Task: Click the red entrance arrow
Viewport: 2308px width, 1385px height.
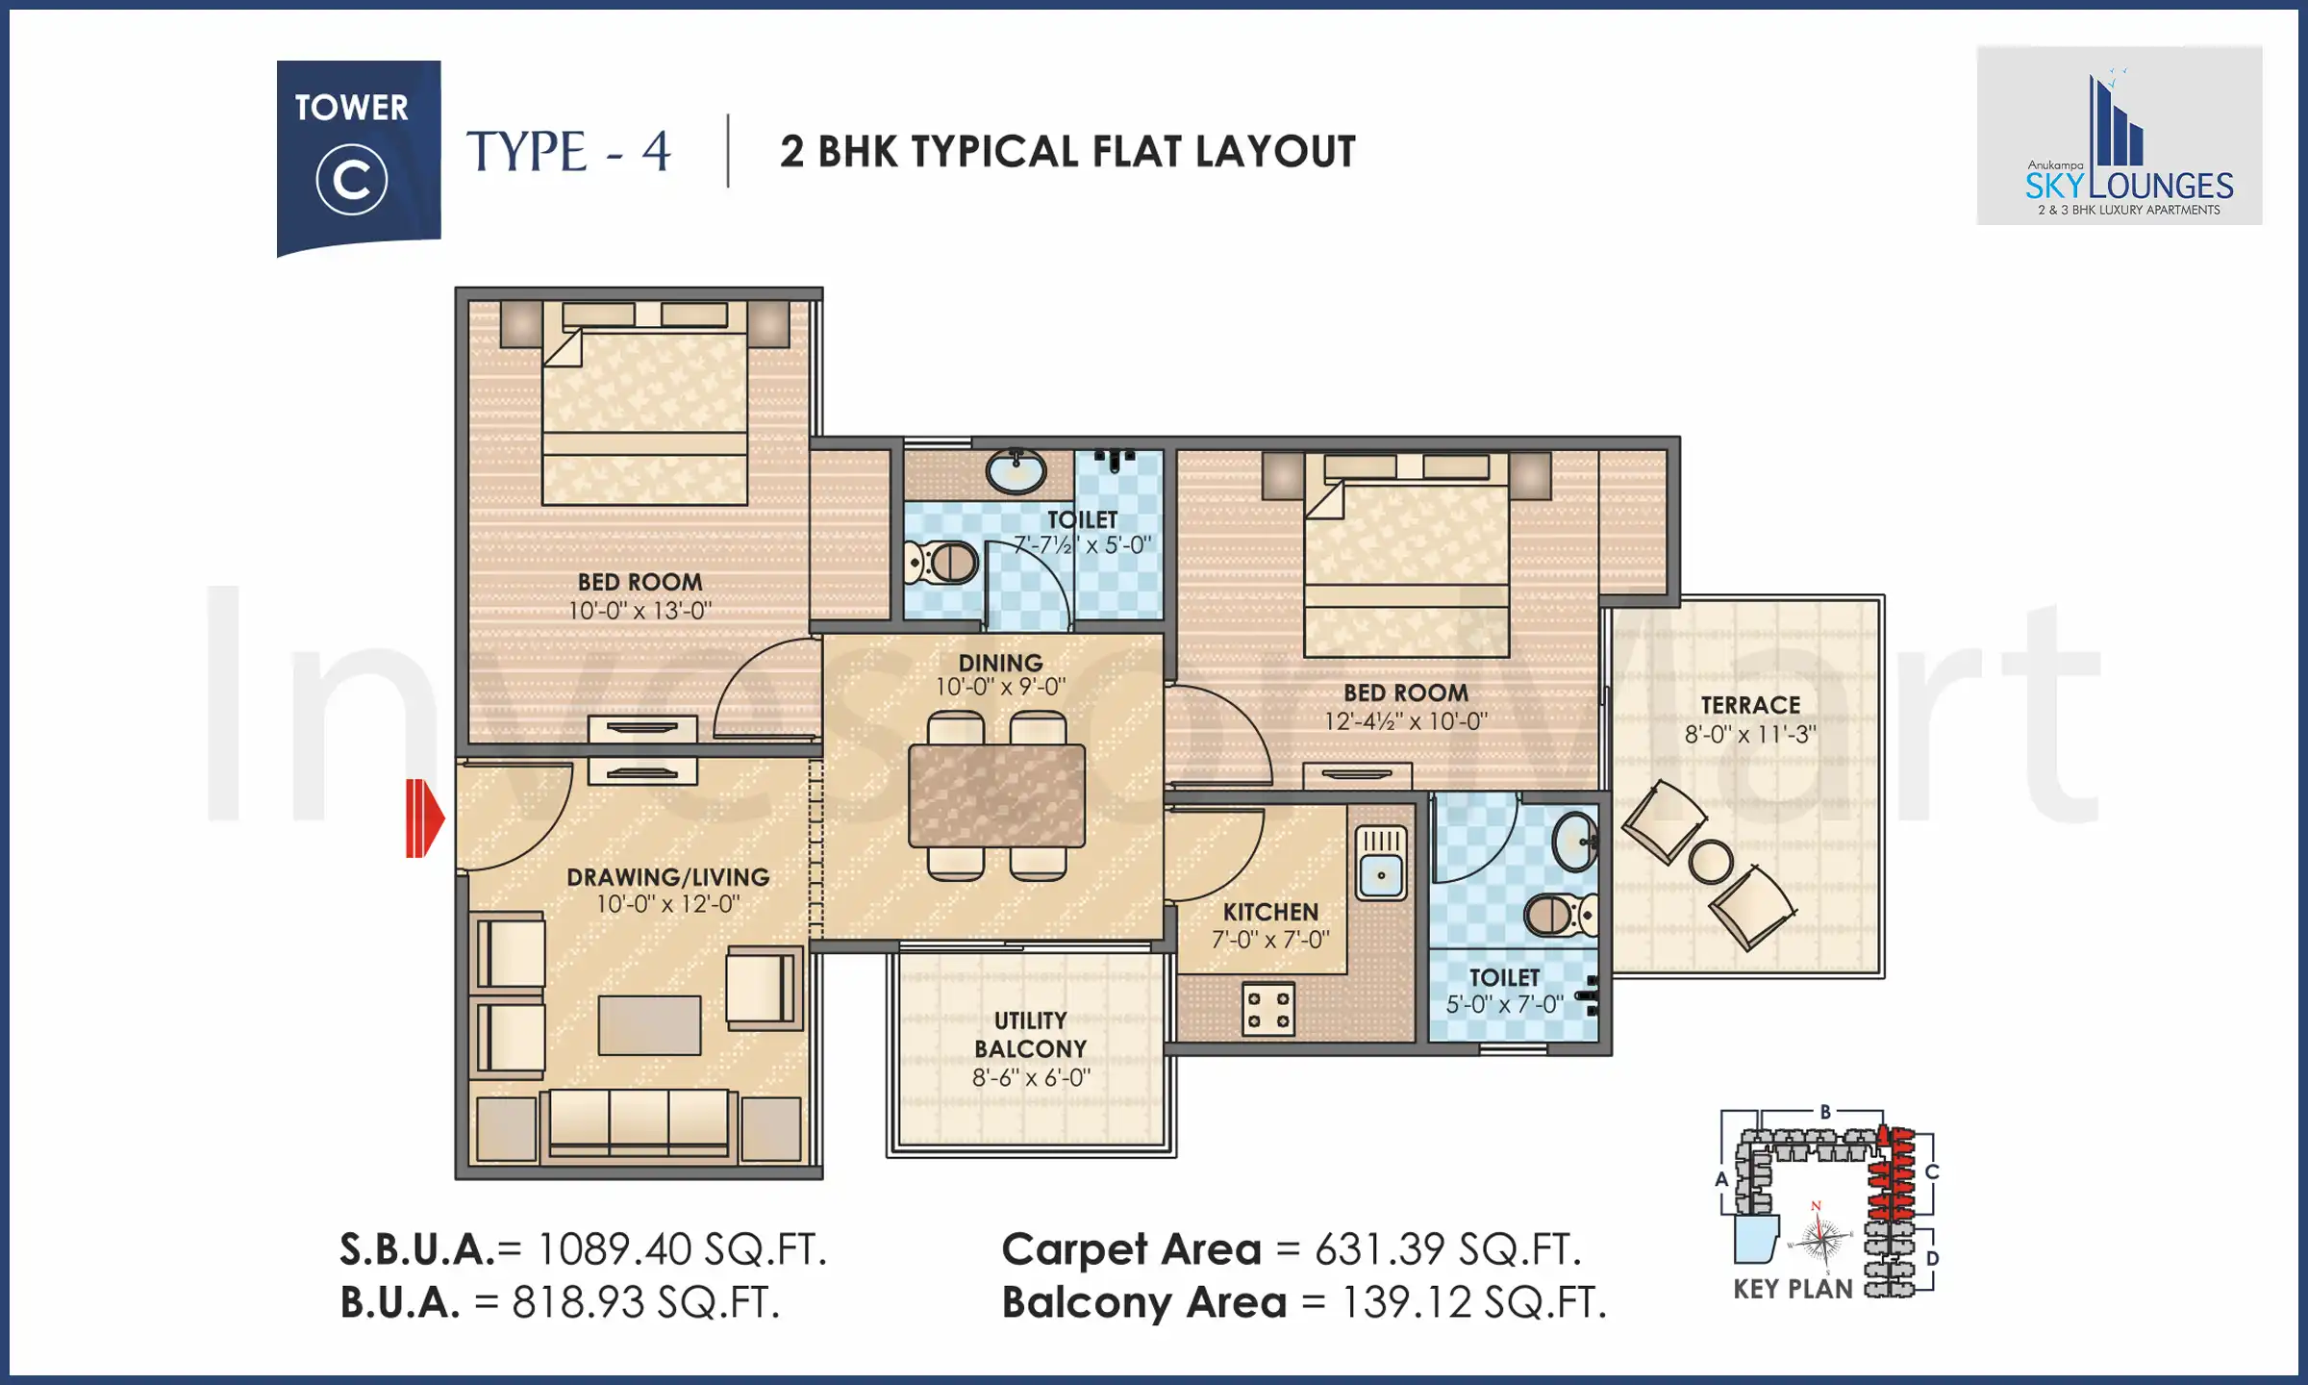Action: (x=424, y=818)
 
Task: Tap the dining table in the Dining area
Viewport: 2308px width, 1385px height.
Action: (x=996, y=796)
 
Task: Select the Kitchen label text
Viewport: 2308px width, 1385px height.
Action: (x=1270, y=912)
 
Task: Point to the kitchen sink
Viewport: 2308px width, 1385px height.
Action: (x=1381, y=864)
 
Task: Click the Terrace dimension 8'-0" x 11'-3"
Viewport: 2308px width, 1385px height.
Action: (x=1749, y=735)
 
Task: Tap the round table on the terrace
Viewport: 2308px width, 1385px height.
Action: (x=1710, y=862)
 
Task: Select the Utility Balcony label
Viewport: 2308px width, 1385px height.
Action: (x=1030, y=1035)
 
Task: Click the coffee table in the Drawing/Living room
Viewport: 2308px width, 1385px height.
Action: (x=649, y=1025)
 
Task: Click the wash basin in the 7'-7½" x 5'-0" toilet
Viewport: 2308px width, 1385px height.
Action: (x=1016, y=472)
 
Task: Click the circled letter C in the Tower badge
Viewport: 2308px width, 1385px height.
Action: (x=352, y=180)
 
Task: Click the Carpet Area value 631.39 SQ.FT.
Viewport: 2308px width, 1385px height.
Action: (x=1447, y=1249)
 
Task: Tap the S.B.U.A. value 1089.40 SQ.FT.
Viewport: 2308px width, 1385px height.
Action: (x=681, y=1249)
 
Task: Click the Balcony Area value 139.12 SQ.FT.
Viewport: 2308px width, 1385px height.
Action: (x=1473, y=1303)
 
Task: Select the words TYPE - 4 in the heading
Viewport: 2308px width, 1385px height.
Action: (x=568, y=152)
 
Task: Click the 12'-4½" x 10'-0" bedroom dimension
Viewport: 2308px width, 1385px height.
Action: (x=1405, y=721)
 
